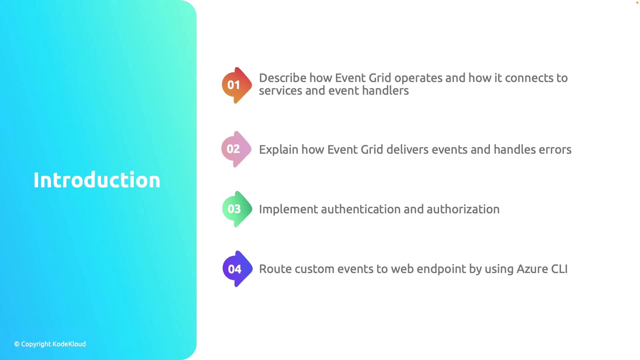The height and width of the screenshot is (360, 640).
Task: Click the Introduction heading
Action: (x=97, y=180)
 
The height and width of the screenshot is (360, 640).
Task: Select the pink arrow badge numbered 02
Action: (x=236, y=149)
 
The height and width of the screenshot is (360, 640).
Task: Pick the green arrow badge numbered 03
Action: (x=237, y=209)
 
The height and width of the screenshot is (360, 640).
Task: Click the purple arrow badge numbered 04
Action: (x=237, y=269)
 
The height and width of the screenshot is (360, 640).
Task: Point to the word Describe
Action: (x=283, y=78)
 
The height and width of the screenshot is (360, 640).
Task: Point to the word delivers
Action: (x=407, y=149)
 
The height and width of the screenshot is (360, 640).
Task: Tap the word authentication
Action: (x=361, y=209)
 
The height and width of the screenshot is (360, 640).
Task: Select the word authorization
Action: (x=463, y=209)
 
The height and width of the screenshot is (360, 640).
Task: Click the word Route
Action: (x=275, y=269)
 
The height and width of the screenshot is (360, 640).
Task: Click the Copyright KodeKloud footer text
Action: (x=50, y=344)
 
